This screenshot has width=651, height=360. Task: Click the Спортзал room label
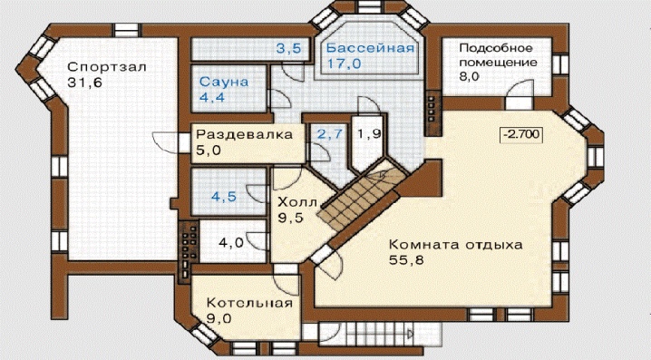tap(107, 67)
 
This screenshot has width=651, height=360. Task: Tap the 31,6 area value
tap(84, 83)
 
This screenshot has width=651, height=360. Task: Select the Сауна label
tap(224, 82)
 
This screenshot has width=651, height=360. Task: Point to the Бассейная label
tap(370, 48)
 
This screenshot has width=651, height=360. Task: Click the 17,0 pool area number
tap(345, 63)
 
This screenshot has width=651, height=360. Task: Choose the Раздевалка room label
tap(245, 134)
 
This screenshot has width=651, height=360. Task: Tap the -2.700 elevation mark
tap(521, 134)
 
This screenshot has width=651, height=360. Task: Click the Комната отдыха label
tap(456, 244)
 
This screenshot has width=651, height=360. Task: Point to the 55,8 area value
tap(406, 260)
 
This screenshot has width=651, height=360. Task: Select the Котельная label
tap(249, 303)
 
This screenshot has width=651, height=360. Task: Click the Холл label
tap(297, 202)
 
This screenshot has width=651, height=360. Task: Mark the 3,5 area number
tap(289, 49)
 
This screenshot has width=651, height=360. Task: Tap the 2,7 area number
tap(330, 134)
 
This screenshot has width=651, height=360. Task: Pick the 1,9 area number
tap(370, 134)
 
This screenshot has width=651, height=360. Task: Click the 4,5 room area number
tap(224, 197)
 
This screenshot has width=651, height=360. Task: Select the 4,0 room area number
tap(231, 242)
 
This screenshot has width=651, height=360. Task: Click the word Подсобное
tap(496, 48)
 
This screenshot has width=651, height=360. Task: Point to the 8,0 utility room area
tap(470, 77)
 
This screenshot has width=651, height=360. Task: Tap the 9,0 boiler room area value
tap(219, 318)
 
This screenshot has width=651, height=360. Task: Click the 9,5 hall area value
tap(291, 218)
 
